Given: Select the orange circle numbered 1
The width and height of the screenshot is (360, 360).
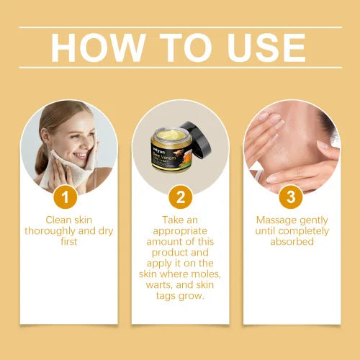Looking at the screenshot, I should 68,196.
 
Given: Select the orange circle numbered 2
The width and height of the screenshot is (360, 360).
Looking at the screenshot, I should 180,196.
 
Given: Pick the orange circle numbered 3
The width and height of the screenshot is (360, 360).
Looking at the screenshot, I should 292,196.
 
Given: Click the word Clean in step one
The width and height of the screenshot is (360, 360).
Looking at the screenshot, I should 59,220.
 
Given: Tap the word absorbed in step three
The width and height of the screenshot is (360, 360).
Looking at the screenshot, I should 292,243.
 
